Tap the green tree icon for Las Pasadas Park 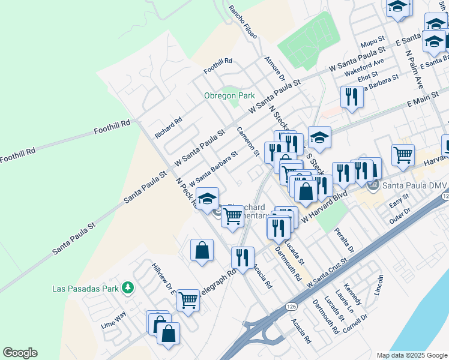(x=127, y=289)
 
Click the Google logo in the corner (x=20, y=353)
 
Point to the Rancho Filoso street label (x=243, y=22)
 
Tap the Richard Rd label (x=168, y=128)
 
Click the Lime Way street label (x=113, y=319)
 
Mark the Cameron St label (x=247, y=142)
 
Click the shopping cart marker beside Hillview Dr (x=188, y=300)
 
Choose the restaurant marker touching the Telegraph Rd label (x=243, y=258)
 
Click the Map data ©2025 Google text (x=411, y=355)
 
